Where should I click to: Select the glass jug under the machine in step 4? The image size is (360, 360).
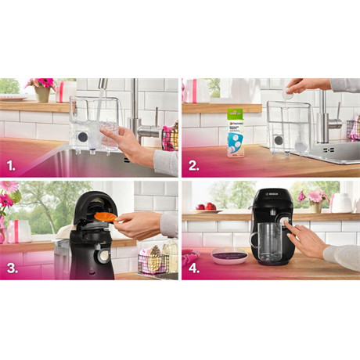click(268, 243)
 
